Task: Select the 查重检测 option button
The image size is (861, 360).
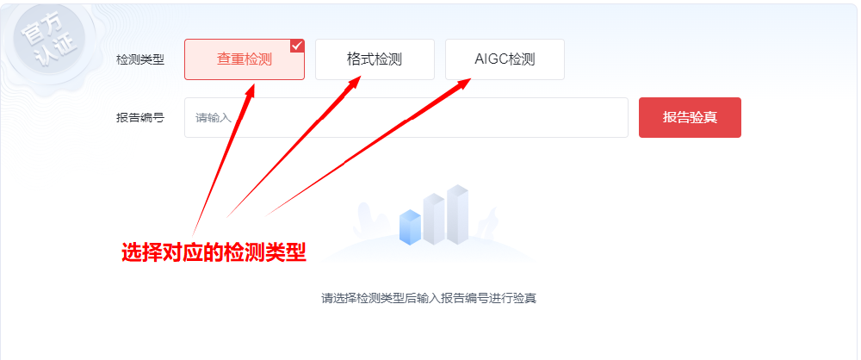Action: click(244, 59)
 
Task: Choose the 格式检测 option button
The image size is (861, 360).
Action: click(375, 59)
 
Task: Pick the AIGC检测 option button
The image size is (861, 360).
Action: click(505, 59)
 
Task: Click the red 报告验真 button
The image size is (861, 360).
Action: click(690, 117)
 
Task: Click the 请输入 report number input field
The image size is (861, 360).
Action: click(406, 117)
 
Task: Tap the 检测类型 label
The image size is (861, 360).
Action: click(140, 60)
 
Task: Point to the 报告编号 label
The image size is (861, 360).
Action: click(140, 118)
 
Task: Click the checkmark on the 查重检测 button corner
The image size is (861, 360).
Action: click(297, 46)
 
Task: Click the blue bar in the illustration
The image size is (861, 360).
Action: click(411, 227)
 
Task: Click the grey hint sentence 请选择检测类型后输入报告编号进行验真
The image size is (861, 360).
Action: click(429, 299)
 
